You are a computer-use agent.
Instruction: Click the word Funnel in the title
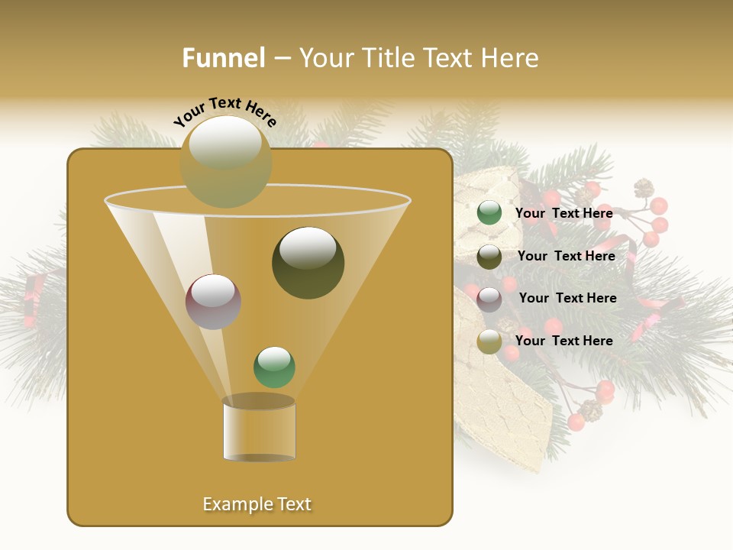[x=224, y=58]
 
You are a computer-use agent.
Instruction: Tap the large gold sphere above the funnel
[x=226, y=160]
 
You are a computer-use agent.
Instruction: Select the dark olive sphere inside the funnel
[x=308, y=263]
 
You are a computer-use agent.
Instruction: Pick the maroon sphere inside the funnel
[x=213, y=302]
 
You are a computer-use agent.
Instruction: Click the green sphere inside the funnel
[x=274, y=367]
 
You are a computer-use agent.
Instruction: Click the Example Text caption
[x=257, y=504]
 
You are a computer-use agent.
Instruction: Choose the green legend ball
[x=489, y=213]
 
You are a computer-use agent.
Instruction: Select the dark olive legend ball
[x=489, y=257]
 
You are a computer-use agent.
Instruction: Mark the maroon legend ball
[x=489, y=299]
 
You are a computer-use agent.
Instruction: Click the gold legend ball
[x=489, y=341]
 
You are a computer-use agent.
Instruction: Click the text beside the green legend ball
[x=563, y=213]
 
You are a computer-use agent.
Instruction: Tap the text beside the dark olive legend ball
[x=566, y=256]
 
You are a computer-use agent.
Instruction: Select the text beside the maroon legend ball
[x=567, y=298]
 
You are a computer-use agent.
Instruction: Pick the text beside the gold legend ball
[x=563, y=341]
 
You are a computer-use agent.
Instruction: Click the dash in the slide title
[x=282, y=58]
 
